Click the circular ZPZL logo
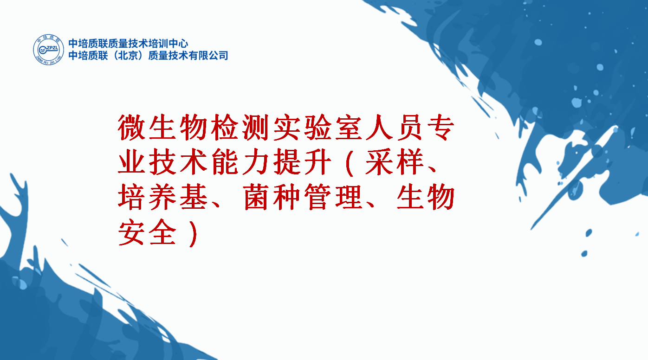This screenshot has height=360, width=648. (48, 50)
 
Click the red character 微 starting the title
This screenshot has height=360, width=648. (131, 128)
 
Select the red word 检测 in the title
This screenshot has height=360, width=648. (240, 128)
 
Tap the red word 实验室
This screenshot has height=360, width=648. (318, 128)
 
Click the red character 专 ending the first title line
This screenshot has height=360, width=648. (441, 128)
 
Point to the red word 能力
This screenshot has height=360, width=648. (240, 162)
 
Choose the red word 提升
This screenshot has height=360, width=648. (302, 162)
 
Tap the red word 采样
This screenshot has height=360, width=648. (394, 162)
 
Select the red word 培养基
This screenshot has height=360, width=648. (162, 197)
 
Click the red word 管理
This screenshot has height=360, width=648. (333, 197)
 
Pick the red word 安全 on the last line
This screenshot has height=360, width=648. (147, 231)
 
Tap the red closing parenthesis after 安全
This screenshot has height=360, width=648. (193, 233)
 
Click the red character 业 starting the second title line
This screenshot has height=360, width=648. (131, 162)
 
